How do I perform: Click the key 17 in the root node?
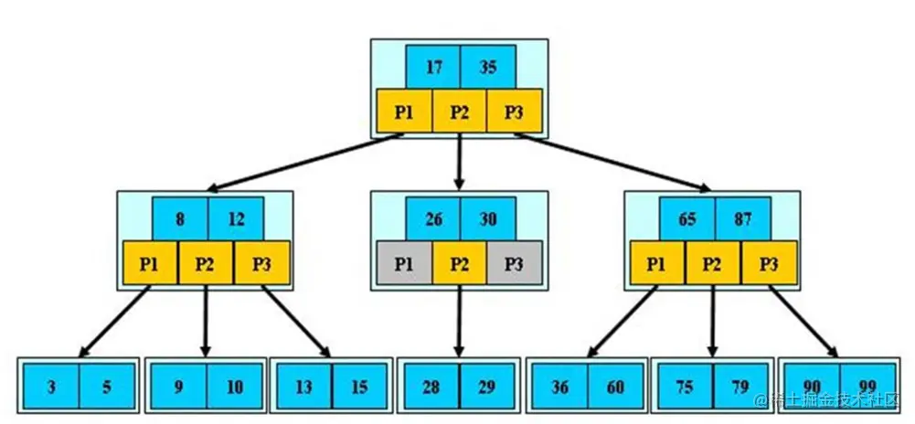pos(432,67)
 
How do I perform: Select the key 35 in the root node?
pos(487,67)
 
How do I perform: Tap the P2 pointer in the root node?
pos(459,112)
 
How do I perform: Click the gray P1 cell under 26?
pos(404,264)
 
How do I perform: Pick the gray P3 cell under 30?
pos(515,264)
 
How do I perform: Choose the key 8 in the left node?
pos(179,219)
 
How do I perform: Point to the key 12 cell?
pos(235,219)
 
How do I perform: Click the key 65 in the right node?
pos(686,219)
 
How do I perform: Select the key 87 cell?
pos(742,219)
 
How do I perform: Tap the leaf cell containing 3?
pos(51,387)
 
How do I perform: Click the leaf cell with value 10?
pos(235,387)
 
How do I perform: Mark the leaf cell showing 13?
pos(303,387)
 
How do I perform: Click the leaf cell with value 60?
pos(615,387)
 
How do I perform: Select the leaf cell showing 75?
pos(685,387)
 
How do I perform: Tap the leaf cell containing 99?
pos(866,387)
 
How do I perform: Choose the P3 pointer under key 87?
pos(768,264)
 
